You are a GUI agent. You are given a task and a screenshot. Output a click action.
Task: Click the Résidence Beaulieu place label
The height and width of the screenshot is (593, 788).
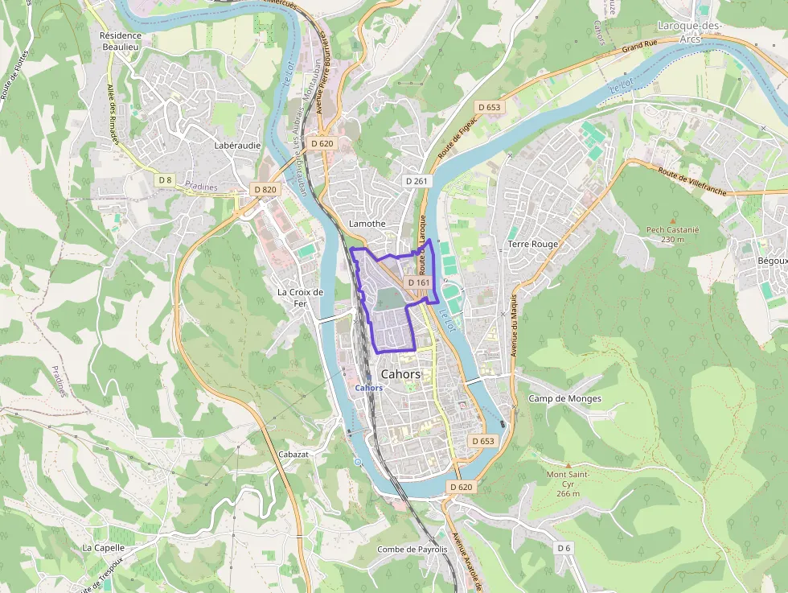[x=120, y=42]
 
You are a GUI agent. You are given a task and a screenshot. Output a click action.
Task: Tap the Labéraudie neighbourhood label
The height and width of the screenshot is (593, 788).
[x=237, y=146]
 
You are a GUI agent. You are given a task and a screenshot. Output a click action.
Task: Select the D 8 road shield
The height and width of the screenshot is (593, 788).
[x=165, y=179]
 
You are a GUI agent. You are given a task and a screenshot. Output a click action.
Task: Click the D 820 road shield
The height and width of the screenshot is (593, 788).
[x=265, y=189]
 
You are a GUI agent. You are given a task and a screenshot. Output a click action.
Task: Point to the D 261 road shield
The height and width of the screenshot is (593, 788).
[x=417, y=181]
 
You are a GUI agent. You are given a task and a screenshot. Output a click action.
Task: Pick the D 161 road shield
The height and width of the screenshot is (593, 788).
[x=419, y=283]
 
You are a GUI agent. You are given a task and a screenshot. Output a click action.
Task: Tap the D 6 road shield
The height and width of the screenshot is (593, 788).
[x=564, y=547]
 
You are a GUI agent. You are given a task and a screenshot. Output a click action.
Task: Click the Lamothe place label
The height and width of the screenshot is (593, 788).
[x=367, y=224]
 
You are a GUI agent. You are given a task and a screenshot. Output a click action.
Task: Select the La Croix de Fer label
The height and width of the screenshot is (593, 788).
[x=300, y=298]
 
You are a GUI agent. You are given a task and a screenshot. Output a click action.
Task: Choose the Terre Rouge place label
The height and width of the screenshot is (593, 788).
[x=532, y=244]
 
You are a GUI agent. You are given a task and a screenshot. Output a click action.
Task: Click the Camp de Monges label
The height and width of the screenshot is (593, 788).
[x=564, y=398]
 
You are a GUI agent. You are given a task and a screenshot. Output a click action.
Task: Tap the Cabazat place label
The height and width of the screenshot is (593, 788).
[x=293, y=454]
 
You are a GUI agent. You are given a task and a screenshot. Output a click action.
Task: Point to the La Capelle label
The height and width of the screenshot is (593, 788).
[x=104, y=547]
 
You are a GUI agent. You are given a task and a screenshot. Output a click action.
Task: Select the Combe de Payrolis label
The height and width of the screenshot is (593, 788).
[x=412, y=550]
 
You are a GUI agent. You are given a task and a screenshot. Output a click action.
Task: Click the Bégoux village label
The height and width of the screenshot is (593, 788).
[x=772, y=261]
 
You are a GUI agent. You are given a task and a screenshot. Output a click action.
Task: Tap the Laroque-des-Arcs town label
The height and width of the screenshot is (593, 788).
[x=690, y=31]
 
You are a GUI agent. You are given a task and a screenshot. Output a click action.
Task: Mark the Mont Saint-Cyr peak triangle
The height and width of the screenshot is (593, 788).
[x=568, y=465]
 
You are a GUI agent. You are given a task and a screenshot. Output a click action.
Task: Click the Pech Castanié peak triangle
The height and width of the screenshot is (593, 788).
[x=673, y=219]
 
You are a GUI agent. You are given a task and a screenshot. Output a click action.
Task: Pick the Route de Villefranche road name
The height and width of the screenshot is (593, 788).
[x=692, y=178]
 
